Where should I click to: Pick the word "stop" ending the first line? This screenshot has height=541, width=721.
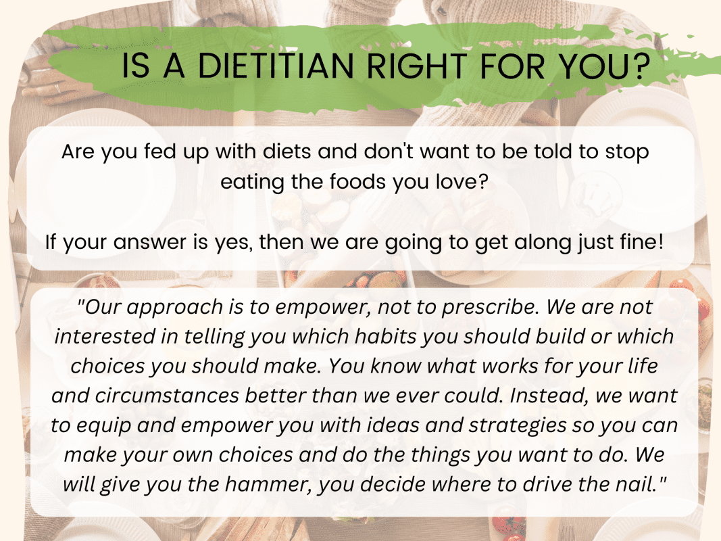click(626, 151)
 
